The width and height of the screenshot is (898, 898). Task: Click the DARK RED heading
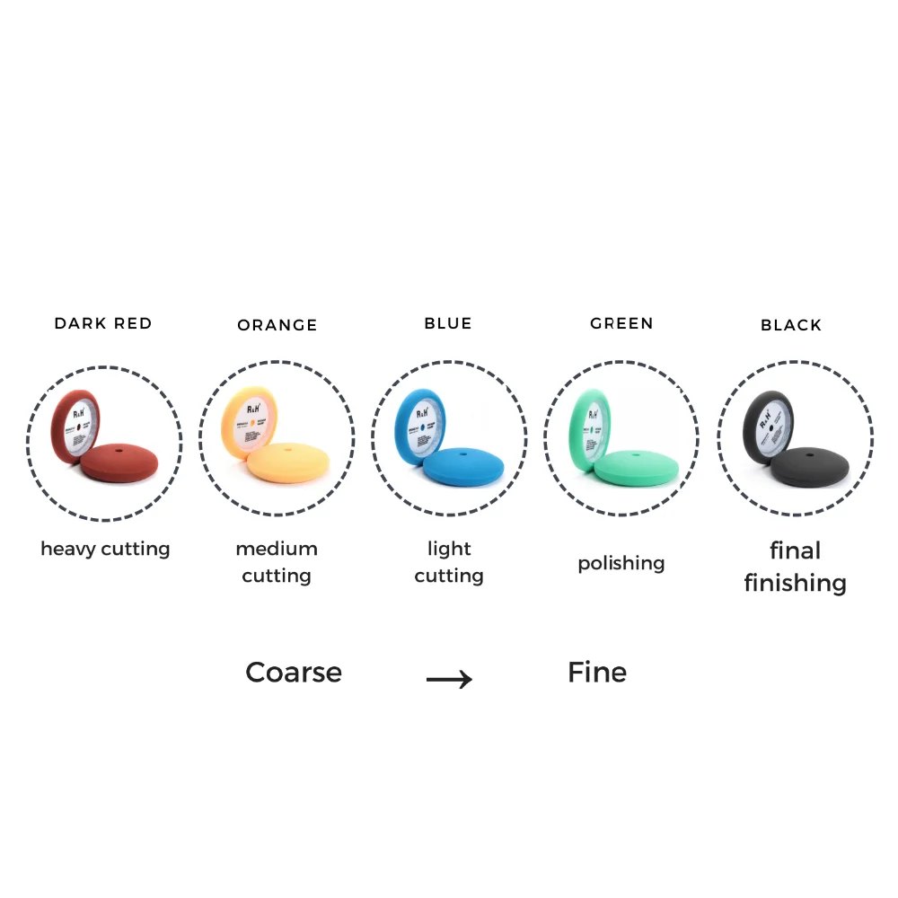(x=103, y=323)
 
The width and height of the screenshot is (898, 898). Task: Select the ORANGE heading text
(x=277, y=325)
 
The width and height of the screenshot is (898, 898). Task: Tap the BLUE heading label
(x=448, y=323)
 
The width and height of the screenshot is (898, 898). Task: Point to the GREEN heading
(x=621, y=323)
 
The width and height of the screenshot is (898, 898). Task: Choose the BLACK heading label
(x=791, y=325)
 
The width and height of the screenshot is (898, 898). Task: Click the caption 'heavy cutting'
(x=105, y=548)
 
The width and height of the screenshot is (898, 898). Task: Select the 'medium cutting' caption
(x=277, y=561)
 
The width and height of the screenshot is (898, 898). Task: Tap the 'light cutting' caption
(x=449, y=561)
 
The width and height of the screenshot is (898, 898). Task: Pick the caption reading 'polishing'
(x=621, y=563)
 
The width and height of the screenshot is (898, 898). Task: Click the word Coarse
(x=294, y=673)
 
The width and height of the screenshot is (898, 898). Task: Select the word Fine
(x=597, y=673)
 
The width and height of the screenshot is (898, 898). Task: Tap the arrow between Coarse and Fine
(x=449, y=680)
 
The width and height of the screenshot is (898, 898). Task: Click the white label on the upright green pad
(x=595, y=422)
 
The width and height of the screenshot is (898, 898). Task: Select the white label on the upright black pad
(x=769, y=421)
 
